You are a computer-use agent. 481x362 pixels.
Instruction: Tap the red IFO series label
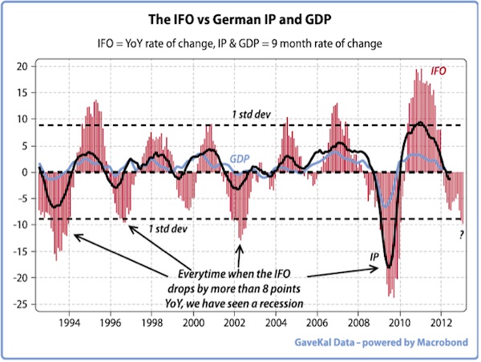click(439, 71)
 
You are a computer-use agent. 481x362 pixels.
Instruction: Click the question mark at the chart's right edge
click(462, 234)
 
